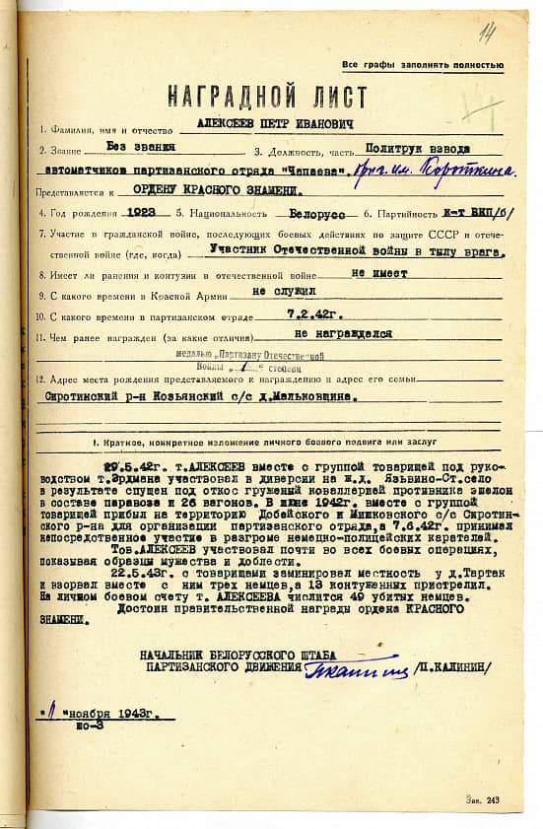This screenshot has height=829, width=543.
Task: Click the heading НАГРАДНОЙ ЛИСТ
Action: coord(267,97)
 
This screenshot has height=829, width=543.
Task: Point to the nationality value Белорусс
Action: coord(319,212)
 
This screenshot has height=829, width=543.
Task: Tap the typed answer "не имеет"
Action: coord(380,273)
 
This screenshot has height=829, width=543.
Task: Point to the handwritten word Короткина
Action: coord(441,170)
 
